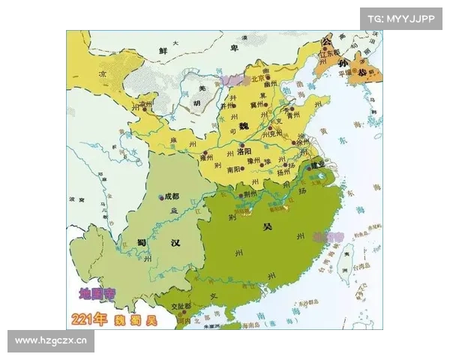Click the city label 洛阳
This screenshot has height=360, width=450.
coord(244,151)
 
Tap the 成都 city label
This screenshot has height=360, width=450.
coord(172,196)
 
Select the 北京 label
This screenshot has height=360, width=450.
coord(259,77)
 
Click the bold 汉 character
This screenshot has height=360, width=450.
coord(175,243)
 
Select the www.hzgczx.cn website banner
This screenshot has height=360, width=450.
coord(51,341)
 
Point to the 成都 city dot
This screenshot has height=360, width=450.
coord(161,198)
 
